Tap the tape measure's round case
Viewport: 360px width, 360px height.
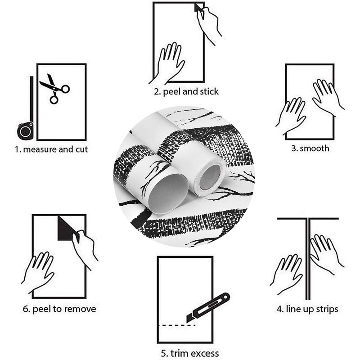25,131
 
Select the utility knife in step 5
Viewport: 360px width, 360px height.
208,308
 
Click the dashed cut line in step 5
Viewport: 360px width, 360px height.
177,325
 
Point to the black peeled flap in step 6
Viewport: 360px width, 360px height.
67,229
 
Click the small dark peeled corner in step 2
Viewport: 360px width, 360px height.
198,7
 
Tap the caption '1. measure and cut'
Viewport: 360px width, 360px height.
51,149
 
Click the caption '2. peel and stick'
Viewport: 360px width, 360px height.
186,92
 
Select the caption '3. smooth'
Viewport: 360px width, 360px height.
310,148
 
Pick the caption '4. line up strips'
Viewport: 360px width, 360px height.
307,309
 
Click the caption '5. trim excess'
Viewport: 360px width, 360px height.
189,353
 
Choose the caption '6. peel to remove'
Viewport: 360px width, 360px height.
59,309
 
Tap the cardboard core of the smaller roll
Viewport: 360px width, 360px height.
210,177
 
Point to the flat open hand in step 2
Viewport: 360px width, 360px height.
167,63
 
